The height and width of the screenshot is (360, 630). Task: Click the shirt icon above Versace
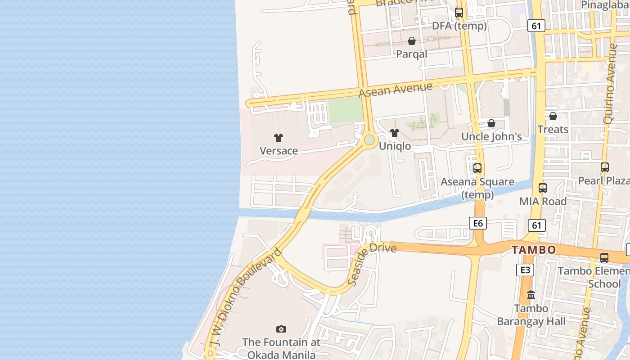[x=279, y=138]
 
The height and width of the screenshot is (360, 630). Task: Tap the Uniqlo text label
[x=395, y=146]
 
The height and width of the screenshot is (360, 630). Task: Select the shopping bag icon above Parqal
[x=411, y=41]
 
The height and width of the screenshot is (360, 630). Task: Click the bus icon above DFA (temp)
[x=459, y=13]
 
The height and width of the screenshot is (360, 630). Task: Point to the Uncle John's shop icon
[x=491, y=123]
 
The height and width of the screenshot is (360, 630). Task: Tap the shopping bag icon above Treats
[x=553, y=117]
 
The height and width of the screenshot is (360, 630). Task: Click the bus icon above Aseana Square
[x=477, y=169]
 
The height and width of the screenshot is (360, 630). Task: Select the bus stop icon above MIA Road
[x=543, y=188]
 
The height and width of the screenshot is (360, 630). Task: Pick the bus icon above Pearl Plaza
[x=605, y=167]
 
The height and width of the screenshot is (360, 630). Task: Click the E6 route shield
[x=477, y=223]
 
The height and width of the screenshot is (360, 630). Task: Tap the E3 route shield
[x=525, y=270]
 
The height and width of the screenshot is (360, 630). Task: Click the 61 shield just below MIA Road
[x=537, y=225]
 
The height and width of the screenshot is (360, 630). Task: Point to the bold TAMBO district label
[x=534, y=250]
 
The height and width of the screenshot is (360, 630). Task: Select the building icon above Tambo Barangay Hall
[x=531, y=295]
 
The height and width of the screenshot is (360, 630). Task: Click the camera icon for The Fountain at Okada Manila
[x=281, y=329]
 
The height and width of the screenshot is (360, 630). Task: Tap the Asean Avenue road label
[x=396, y=89]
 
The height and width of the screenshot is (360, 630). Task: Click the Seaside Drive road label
[x=371, y=261]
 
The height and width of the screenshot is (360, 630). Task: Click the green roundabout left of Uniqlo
[x=369, y=140]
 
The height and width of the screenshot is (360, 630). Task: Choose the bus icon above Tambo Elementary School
[x=604, y=258]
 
